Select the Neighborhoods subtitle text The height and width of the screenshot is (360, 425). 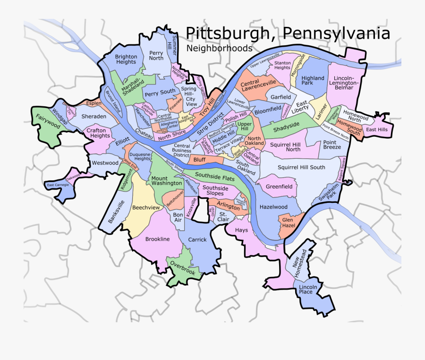coord(219,48)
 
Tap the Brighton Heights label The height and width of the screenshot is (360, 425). coord(126,59)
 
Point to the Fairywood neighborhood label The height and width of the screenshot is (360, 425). coord(48,121)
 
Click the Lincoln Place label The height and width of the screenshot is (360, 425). coord(306,289)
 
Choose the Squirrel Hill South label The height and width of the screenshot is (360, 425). coord(301,167)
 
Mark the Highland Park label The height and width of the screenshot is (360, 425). coord(313,80)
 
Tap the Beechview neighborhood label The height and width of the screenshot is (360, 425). coord(145,208)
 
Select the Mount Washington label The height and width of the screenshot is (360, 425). coord(167,181)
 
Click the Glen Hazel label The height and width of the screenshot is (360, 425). coord(288,223)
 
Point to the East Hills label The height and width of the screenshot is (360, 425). coord(377,130)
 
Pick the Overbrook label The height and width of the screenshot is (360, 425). coord(182,268)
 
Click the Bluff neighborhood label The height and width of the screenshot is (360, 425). coord(200,160)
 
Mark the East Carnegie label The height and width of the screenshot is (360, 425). coord(58,185)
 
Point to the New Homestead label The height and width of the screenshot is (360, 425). coord(300,263)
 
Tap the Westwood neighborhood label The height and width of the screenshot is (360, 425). coord(105,163)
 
